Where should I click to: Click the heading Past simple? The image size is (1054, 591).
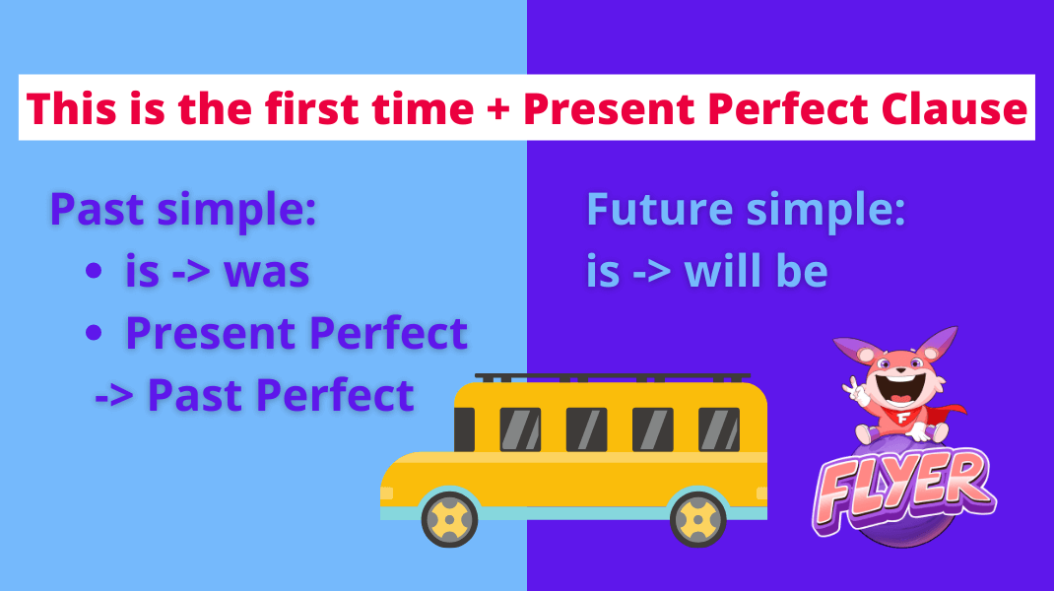tap(182, 211)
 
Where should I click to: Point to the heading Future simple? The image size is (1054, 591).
tap(746, 211)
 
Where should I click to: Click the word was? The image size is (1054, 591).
tap(267, 272)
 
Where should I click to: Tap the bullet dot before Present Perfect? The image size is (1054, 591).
tap(95, 335)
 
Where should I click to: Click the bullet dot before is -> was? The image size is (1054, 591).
tap(95, 273)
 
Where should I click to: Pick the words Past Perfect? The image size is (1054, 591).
tap(281, 395)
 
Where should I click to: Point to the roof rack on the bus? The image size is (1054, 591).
tap(611, 377)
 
